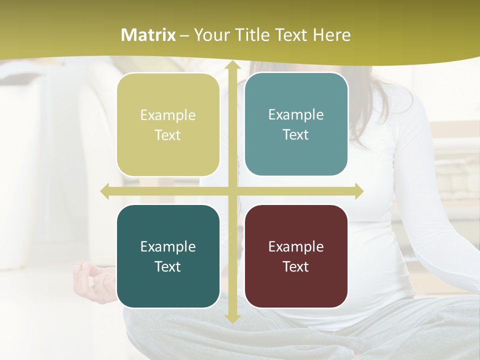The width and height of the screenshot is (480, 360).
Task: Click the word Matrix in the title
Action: click(x=148, y=35)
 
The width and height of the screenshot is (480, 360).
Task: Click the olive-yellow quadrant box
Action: click(x=168, y=125)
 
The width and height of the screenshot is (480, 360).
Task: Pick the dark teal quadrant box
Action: click(x=168, y=256)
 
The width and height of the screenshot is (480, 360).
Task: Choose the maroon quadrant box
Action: click(x=296, y=256)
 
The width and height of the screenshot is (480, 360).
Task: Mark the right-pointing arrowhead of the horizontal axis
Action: click(x=358, y=191)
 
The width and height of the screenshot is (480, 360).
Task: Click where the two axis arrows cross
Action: click(x=232, y=191)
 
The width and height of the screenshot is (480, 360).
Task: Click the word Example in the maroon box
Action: click(x=296, y=246)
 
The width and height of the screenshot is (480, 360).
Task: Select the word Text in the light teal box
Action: click(x=296, y=134)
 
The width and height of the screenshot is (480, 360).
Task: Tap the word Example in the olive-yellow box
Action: click(x=168, y=115)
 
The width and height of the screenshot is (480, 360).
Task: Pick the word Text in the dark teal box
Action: click(x=168, y=266)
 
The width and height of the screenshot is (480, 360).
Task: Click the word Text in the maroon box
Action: click(x=296, y=266)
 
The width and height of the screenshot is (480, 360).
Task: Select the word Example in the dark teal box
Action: click(x=168, y=246)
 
